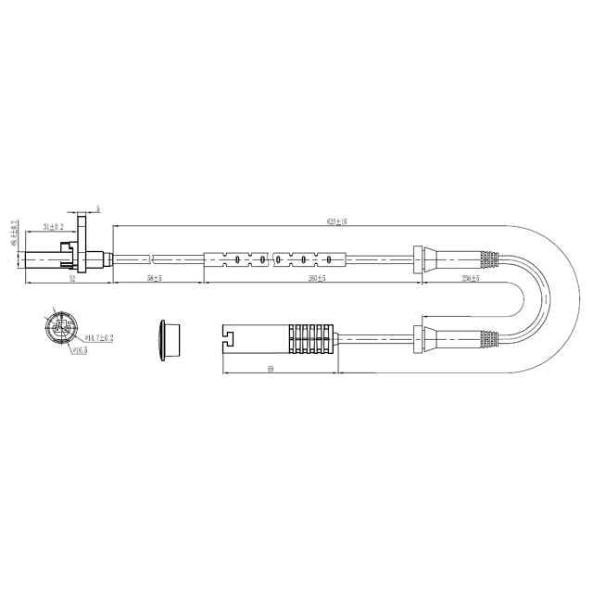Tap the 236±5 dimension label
point(470,278)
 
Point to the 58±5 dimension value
point(154,278)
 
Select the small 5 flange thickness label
point(98,210)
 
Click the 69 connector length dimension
point(270,369)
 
